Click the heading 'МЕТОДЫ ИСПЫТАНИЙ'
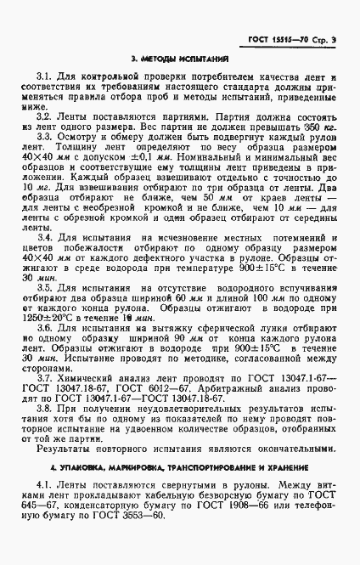180,59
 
